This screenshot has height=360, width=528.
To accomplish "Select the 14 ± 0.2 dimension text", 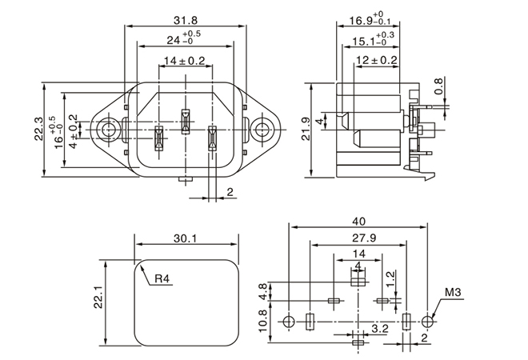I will point(185,61).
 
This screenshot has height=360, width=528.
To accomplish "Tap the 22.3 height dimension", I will point(38,129).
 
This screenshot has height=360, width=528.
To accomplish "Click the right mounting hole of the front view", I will point(262,129).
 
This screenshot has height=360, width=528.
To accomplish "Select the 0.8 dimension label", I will point(438,87).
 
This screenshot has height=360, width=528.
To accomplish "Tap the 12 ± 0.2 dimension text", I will point(377,61).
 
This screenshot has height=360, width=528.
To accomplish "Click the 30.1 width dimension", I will point(186,238).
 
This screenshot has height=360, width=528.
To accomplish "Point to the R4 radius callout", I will point(162,279).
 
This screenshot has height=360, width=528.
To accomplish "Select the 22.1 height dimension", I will point(98,298).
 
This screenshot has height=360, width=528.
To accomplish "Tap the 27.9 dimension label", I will point(356,238).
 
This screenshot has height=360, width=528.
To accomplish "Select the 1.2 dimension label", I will point(390,278).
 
